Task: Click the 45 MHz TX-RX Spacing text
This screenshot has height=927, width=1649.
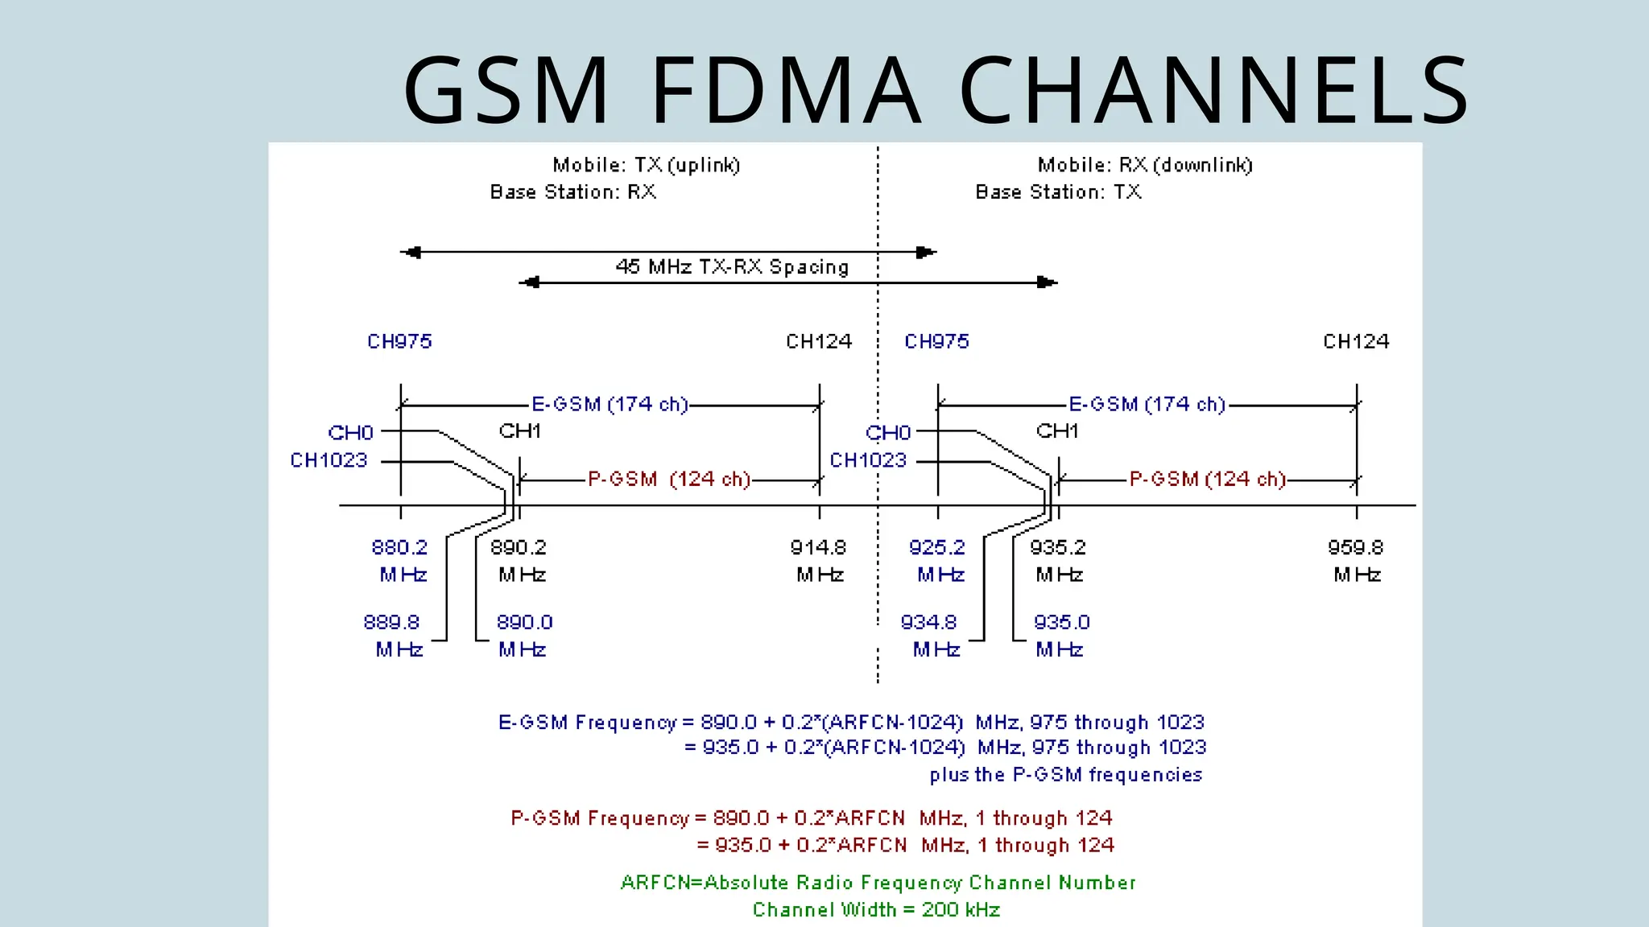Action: click(x=732, y=267)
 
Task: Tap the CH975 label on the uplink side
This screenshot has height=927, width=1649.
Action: click(x=400, y=342)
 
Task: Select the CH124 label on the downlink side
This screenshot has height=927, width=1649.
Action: click(x=1356, y=342)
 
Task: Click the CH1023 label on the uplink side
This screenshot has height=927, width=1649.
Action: click(x=329, y=461)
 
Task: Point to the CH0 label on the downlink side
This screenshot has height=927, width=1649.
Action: click(x=888, y=434)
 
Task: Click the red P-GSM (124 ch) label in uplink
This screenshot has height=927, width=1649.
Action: click(x=668, y=480)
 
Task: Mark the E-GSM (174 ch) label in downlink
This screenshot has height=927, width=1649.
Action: click(x=1147, y=405)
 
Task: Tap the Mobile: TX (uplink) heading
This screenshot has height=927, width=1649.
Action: click(x=646, y=166)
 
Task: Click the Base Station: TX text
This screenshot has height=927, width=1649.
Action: click(x=1058, y=192)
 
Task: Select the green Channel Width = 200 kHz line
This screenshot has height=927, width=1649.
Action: click(x=876, y=910)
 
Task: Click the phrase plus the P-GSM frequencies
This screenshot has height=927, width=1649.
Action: click(x=1065, y=775)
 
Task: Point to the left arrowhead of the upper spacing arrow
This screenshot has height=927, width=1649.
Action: click(x=411, y=253)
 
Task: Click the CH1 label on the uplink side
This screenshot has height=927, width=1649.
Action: click(x=519, y=431)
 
